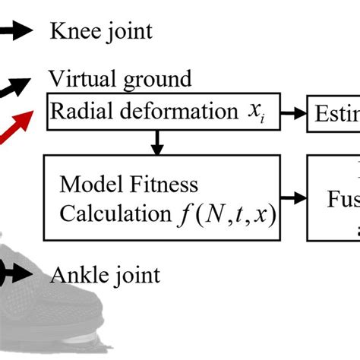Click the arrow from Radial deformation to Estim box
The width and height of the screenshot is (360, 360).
(293, 113)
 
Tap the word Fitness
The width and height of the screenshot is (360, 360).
(161, 185)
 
